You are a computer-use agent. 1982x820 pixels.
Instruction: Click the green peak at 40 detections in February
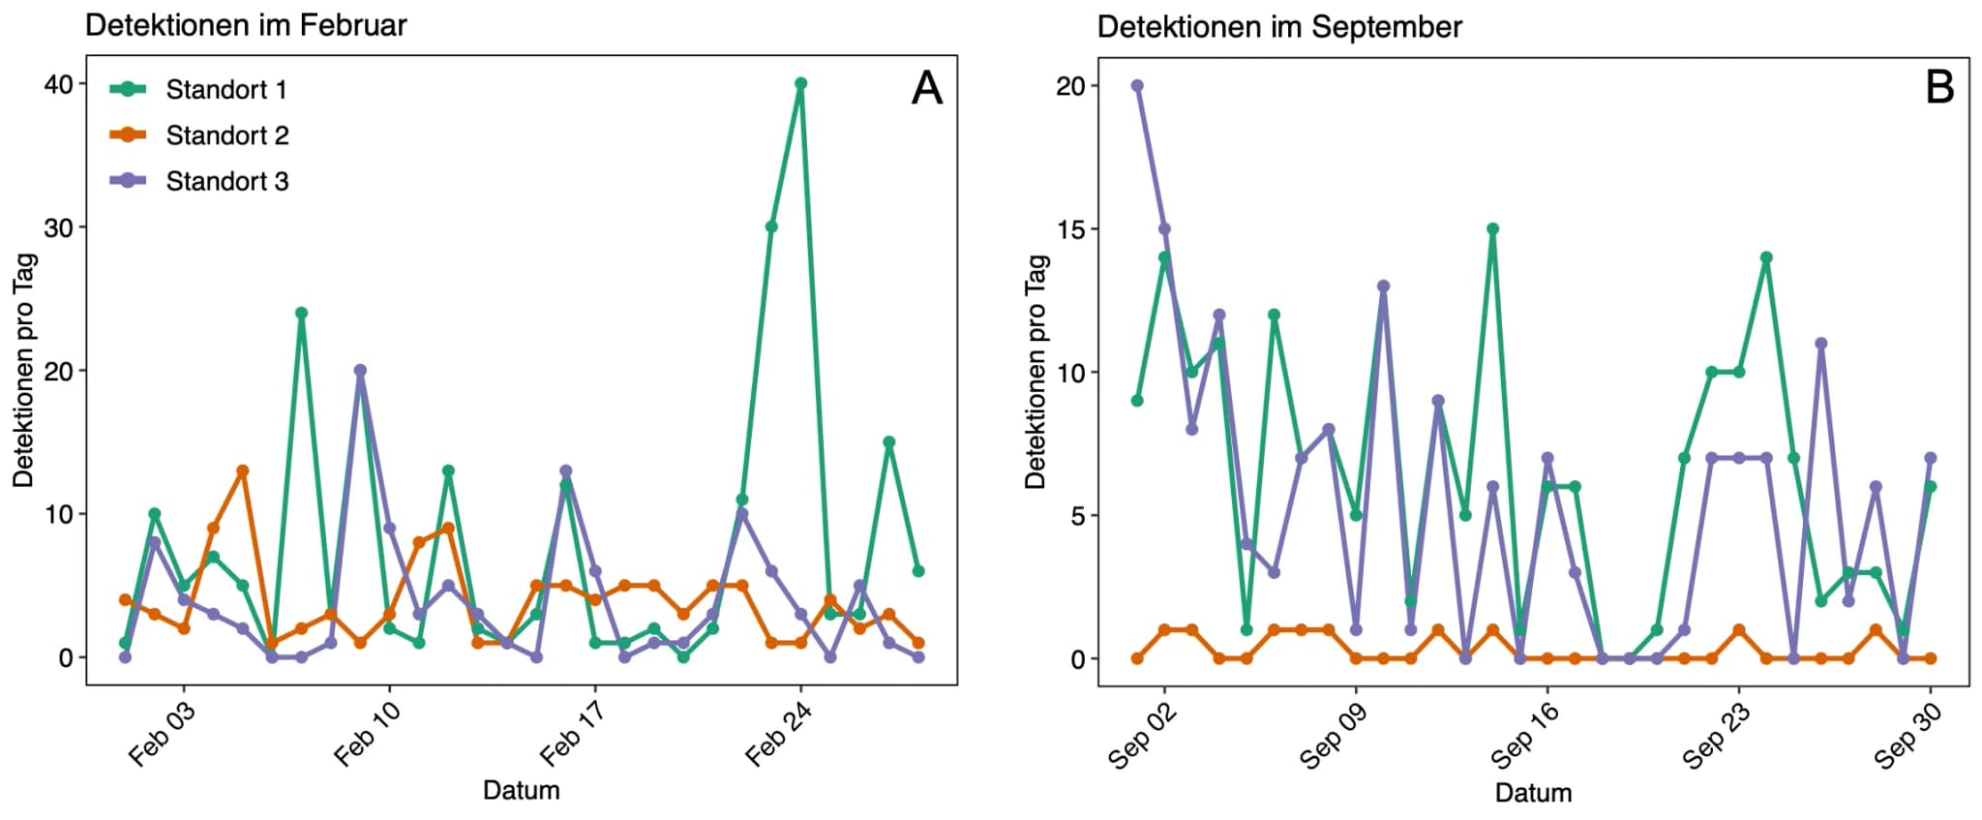point(800,84)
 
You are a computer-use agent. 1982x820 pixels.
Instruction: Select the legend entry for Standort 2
point(226,136)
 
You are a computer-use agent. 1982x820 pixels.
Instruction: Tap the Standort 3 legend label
point(226,181)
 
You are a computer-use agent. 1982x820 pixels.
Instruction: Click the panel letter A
point(926,88)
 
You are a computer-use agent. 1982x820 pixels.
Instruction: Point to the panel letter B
point(1939,88)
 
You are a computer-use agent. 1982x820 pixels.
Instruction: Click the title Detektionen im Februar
point(246,25)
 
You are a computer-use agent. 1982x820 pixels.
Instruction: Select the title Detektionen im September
point(1279,27)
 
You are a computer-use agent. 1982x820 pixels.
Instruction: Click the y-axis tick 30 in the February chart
point(59,228)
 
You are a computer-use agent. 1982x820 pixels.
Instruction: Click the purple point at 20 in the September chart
point(1137,86)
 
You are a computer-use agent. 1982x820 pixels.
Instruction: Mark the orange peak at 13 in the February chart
point(243,471)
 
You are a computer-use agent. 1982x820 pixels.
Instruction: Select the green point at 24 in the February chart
point(301,314)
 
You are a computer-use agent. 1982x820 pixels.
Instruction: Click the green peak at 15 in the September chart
point(1492,229)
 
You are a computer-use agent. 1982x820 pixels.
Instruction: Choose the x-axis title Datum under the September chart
point(1533,793)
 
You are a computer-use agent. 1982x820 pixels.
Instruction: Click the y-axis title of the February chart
point(24,370)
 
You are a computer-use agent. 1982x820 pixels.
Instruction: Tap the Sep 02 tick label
point(1142,736)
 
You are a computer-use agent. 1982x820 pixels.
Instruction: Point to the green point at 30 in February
point(771,228)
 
